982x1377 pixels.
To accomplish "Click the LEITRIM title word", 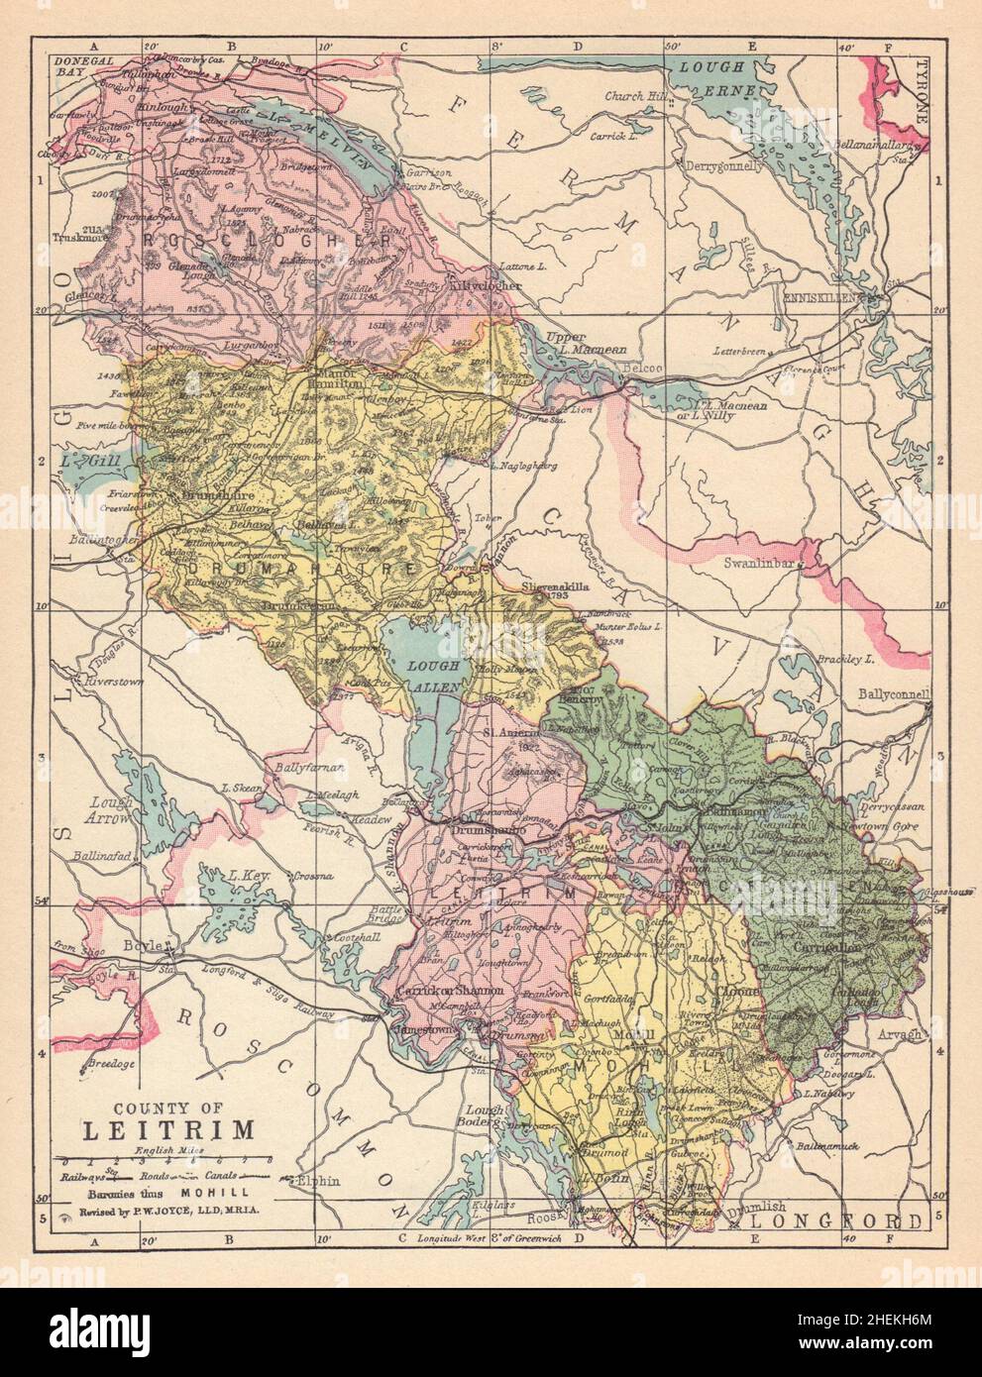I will tap(165, 1128).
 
